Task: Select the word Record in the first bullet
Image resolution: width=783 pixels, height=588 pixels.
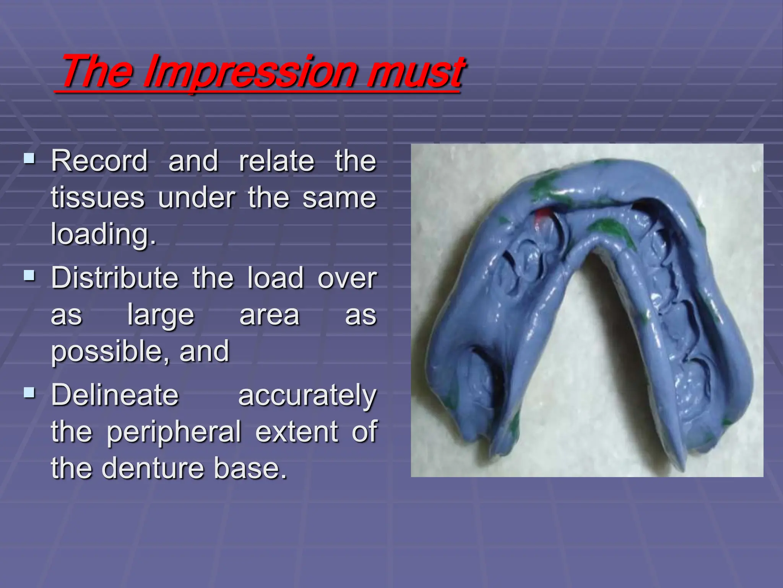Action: click(99, 161)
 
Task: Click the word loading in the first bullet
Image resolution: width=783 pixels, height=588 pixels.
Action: click(103, 234)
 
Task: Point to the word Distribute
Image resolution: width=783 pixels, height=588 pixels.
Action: click(115, 278)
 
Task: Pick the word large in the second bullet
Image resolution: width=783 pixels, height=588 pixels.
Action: click(161, 316)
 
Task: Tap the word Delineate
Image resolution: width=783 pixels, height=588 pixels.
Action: click(115, 395)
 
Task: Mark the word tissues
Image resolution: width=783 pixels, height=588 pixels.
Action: click(98, 198)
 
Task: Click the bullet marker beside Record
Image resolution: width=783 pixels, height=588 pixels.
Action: click(29, 158)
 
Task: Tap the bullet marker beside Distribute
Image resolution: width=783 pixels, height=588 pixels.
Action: click(29, 275)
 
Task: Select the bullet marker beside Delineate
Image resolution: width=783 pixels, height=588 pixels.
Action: click(29, 392)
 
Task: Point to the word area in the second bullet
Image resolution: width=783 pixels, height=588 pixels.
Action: click(269, 315)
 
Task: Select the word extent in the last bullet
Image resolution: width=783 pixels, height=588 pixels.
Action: click(296, 432)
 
